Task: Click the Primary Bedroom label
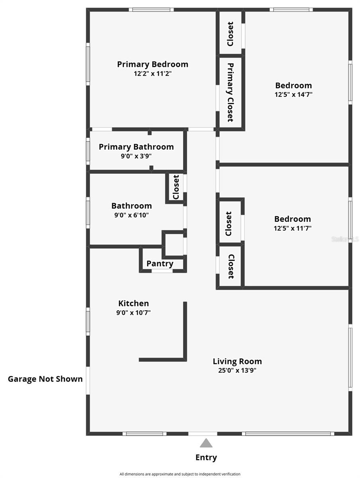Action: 153,64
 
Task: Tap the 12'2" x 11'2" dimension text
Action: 153,74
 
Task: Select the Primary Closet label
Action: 230,92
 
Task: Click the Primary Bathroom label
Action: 136,147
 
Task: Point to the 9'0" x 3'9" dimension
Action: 136,156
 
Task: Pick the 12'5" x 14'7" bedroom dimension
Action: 293,95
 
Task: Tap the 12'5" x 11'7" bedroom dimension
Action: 293,228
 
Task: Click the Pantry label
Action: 160,264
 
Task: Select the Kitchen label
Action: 133,303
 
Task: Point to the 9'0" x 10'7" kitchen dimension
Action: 133,313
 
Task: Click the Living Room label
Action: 237,362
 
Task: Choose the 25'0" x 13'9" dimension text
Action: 237,371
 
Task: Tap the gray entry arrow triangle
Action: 206,443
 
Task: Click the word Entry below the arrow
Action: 206,458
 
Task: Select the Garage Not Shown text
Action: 45,379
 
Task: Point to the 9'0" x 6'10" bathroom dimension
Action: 131,215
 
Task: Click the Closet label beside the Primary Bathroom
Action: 176,187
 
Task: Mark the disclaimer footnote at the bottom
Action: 180,474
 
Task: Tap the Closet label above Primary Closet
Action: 230,34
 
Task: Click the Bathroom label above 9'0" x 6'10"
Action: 131,206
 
